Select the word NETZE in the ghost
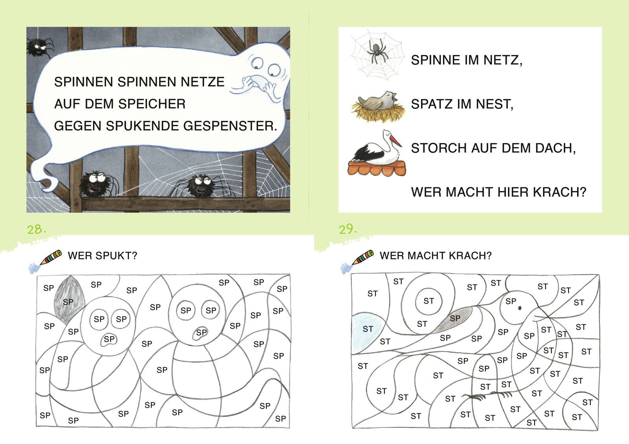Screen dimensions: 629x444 (202, 82)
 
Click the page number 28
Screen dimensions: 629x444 (36, 229)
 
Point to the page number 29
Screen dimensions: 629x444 (348, 229)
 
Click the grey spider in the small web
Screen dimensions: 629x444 (378, 52)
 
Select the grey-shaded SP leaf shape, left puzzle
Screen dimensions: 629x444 (69, 299)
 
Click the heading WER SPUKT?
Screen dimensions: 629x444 (103, 256)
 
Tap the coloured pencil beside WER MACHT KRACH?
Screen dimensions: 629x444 (362, 258)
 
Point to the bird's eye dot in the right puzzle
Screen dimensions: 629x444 (520, 308)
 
